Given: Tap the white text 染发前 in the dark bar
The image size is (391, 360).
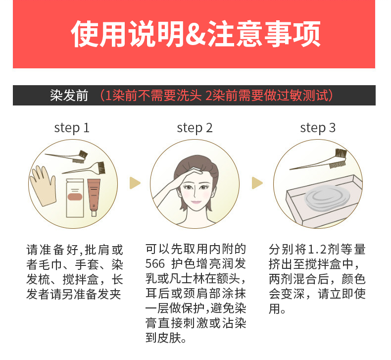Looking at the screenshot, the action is point(69,95).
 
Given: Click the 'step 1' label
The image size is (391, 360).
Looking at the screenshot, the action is point(72,128).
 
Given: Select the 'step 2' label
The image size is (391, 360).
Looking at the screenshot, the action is point(195,128).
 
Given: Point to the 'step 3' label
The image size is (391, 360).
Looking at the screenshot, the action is point(318,128).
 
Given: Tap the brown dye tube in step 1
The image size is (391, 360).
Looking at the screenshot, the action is point(94,197).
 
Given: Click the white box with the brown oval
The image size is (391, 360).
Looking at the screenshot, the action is point(75,198).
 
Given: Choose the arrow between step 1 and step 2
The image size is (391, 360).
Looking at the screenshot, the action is point(135,183).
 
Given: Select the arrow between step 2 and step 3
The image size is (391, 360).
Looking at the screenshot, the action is point(257,183).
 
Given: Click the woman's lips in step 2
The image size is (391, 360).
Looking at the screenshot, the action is point(196,202).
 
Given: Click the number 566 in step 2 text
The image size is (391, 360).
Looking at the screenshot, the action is point(155,264).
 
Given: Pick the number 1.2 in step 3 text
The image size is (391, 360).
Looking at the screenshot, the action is point(317,249).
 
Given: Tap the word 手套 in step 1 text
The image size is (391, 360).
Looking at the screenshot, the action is point(87,264).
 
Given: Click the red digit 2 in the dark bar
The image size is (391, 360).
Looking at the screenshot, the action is point(209,96).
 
